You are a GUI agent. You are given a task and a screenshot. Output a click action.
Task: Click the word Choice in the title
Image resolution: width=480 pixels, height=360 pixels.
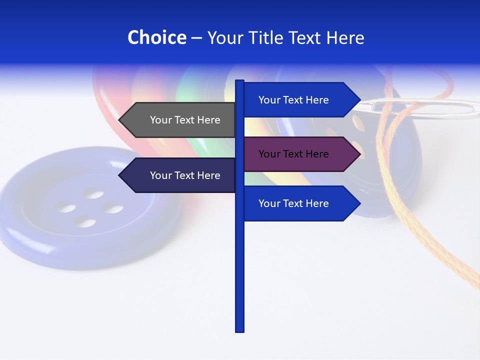point(156,37)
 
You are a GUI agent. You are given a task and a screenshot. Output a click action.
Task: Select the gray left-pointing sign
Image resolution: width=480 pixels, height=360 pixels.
point(180,120)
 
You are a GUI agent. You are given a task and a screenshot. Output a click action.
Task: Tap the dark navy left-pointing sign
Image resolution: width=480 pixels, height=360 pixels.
point(180,175)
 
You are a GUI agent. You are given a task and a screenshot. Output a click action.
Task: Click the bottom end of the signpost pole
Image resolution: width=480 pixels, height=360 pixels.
point(240,330)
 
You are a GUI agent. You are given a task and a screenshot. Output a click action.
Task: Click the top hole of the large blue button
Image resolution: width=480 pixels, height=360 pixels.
point(93,193)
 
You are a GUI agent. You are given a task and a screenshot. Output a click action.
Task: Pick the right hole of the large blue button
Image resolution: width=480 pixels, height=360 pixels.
point(113,209)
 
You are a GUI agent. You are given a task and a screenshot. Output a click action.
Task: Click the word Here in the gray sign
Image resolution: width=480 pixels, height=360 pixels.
point(208,120)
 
